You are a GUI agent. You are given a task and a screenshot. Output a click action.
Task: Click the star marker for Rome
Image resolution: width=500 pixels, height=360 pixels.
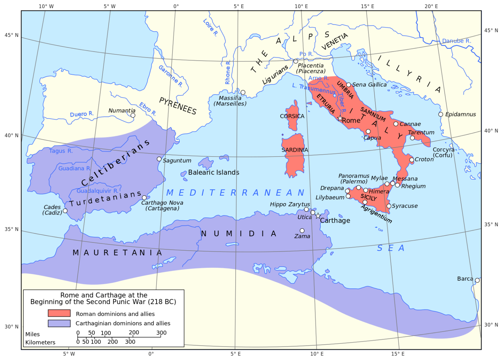click(340, 118)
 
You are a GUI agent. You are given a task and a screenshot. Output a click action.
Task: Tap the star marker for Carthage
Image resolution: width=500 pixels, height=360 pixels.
click(318, 216)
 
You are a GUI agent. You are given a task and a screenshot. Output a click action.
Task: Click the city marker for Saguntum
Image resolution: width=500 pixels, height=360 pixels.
click(159, 159)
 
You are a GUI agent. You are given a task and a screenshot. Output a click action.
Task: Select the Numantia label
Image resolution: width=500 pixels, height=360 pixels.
click(122, 111)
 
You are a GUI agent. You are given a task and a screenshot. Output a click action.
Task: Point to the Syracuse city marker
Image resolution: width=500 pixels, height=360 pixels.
click(389, 206)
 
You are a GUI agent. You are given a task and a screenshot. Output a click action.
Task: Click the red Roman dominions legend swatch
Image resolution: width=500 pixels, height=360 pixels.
click(59, 313)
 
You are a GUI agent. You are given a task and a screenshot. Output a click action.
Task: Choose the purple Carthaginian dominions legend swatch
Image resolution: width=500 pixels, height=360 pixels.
click(59, 323)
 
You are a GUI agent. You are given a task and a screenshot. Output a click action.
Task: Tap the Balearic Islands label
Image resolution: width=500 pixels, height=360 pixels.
click(214, 173)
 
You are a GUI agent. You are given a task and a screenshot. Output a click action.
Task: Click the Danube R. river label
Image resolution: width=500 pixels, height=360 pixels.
click(456, 41)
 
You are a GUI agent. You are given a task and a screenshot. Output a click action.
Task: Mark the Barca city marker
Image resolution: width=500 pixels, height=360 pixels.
click(477, 280)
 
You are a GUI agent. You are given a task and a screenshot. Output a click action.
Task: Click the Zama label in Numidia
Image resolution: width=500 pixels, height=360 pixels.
click(302, 236)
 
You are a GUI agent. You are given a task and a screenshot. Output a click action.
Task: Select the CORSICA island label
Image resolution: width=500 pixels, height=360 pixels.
click(292, 116)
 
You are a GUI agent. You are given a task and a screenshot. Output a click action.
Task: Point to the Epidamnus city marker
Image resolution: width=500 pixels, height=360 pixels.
click(440, 114)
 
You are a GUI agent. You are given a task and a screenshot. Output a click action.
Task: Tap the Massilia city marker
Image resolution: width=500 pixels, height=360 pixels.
click(243, 92)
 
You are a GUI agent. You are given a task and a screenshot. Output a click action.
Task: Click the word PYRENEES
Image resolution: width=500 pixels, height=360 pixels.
click(178, 106)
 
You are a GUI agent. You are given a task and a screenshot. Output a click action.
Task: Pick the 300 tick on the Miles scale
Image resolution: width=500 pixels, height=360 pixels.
click(161, 333)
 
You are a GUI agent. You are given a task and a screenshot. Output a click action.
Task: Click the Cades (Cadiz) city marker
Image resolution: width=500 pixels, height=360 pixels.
click(65, 211)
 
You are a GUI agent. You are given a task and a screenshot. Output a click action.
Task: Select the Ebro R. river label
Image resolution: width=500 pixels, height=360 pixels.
click(147, 109)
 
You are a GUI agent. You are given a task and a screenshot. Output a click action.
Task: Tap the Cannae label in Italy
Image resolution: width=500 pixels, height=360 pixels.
click(410, 124)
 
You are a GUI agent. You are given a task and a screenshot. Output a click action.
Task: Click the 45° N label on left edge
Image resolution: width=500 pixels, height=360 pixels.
click(12, 35)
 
